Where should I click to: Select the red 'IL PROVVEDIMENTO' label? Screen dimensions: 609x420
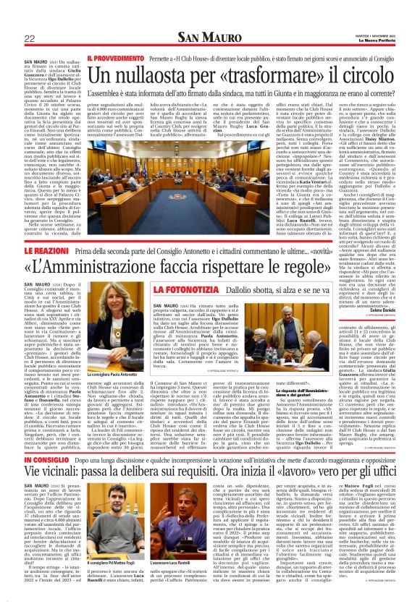[x=109, y=56]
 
